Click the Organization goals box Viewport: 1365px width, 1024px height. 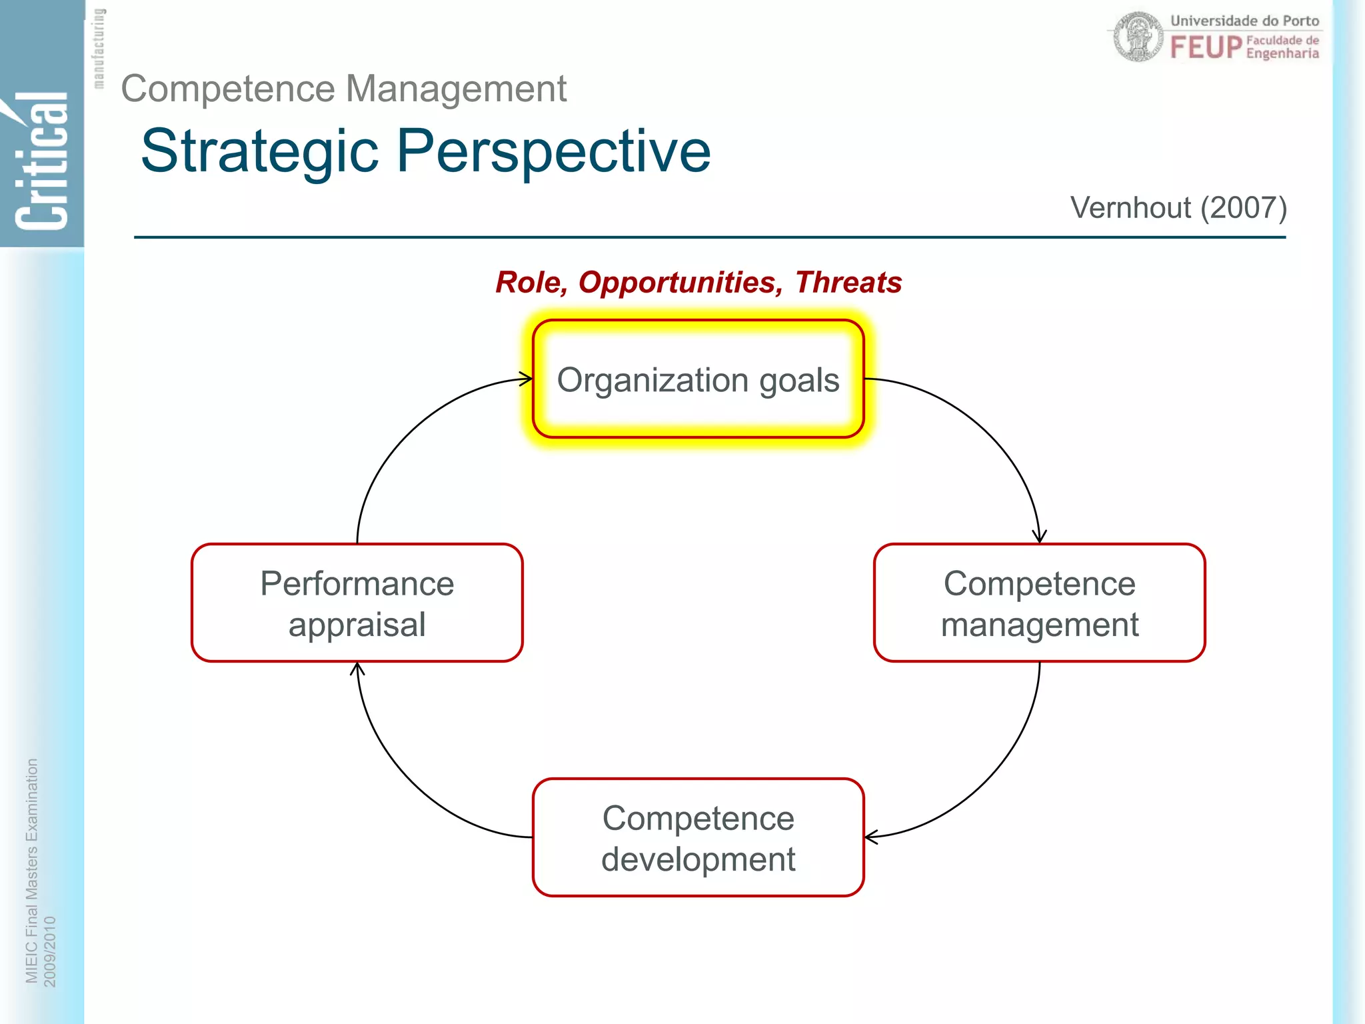click(698, 379)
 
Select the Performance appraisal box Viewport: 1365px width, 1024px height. click(357, 603)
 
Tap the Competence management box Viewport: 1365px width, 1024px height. click(1039, 603)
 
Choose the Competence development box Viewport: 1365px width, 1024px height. click(698, 837)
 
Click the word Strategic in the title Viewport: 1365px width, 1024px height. click(260, 152)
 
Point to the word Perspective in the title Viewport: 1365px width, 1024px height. click(553, 152)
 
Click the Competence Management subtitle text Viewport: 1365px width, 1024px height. click(343, 89)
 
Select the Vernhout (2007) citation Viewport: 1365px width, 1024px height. click(1178, 208)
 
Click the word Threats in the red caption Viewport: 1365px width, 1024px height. click(848, 283)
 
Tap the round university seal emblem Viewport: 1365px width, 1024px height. click(1138, 37)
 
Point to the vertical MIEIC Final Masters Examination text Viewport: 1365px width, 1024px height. click(31, 870)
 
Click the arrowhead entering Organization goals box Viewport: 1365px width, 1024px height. click(527, 379)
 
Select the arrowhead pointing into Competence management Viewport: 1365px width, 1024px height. click(1039, 537)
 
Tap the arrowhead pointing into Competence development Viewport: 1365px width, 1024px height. click(870, 837)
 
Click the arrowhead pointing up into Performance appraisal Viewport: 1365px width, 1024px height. click(357, 668)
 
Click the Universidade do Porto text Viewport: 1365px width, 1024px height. click(1244, 21)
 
